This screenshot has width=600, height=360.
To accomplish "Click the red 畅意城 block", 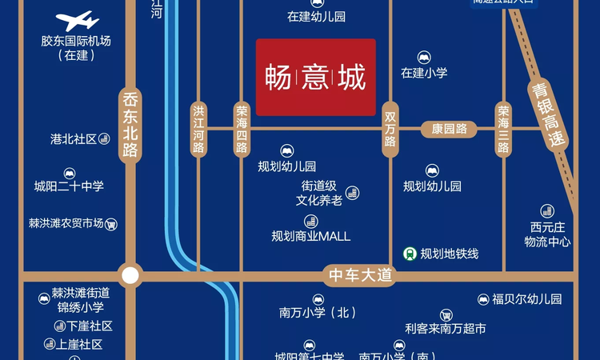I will click(x=315, y=77).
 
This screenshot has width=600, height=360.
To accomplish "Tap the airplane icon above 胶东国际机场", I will click(x=77, y=20).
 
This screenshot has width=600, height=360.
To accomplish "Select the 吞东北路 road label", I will click(x=130, y=125).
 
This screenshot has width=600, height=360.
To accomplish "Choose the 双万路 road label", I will click(x=390, y=128).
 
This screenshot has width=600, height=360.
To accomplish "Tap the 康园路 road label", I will click(x=449, y=128).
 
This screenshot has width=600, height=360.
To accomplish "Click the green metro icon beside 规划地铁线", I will click(x=409, y=254).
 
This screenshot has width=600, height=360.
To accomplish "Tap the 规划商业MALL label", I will click(x=310, y=236).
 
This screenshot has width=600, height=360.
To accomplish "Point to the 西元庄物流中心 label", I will click(x=547, y=234).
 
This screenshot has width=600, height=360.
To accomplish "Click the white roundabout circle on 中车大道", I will click(x=130, y=276).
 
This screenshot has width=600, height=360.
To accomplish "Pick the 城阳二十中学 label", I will click(x=69, y=186).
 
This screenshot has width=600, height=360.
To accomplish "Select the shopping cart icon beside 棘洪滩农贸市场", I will click(x=110, y=224).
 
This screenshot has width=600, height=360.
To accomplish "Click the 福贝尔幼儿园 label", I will click(x=527, y=299).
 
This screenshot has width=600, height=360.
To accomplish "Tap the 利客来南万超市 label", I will click(x=446, y=328).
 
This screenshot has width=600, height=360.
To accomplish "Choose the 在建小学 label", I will click(x=424, y=73).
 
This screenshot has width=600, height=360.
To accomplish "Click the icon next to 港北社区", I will click(x=103, y=139).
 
